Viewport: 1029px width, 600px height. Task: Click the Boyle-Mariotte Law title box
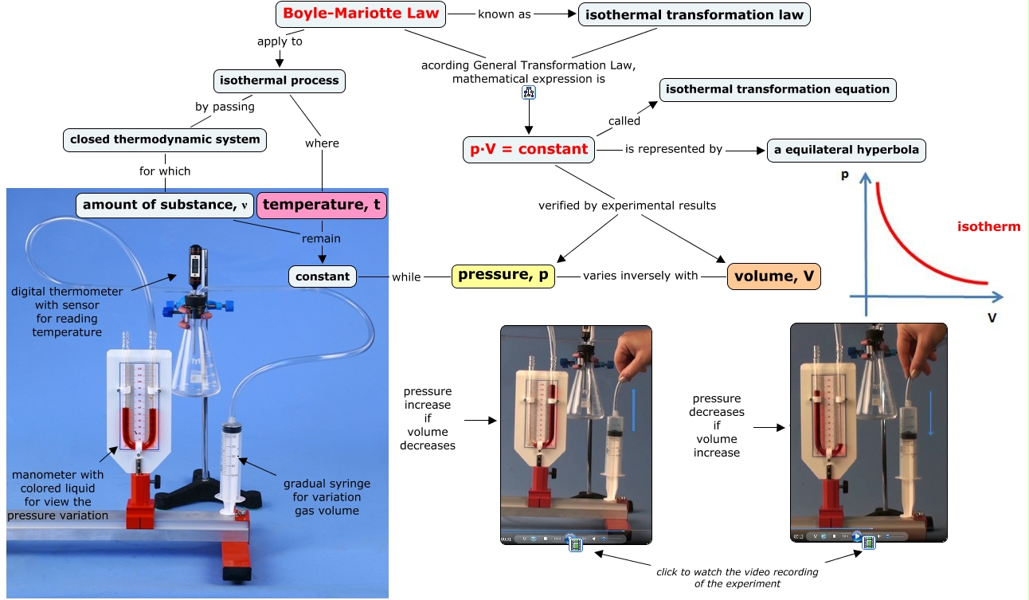(x=361, y=14)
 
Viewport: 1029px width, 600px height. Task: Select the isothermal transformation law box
(x=694, y=14)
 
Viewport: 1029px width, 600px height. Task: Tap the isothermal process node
(x=279, y=80)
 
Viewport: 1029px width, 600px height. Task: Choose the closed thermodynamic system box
(x=165, y=139)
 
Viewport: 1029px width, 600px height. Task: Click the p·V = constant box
(x=530, y=149)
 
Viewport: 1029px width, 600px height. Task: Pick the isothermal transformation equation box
(x=777, y=89)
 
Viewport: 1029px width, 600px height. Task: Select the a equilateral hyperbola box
(x=846, y=150)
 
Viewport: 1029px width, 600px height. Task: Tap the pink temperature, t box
(x=322, y=205)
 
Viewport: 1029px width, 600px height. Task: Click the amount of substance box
(x=165, y=205)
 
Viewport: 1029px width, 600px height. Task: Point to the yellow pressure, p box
(x=503, y=276)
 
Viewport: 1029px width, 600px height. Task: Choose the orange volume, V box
(x=773, y=276)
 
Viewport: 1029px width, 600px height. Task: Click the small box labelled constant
(x=323, y=276)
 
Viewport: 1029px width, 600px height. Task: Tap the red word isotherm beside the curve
(x=988, y=227)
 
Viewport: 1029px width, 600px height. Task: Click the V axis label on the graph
(x=992, y=317)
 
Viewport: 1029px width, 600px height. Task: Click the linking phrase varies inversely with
(x=640, y=276)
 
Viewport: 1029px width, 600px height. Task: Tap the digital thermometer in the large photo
(x=195, y=267)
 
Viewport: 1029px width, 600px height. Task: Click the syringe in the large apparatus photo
(x=232, y=462)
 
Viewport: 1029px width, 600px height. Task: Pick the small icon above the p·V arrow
(x=530, y=92)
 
